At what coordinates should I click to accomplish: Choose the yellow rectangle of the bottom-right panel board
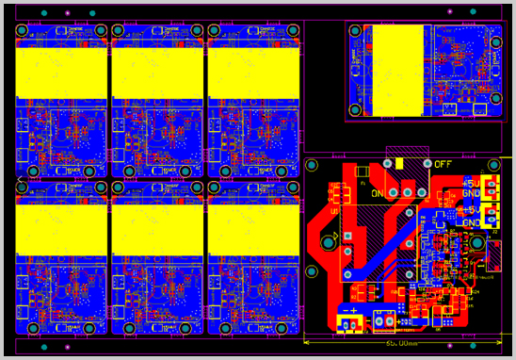253,231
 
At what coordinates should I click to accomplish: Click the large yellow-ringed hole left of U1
328,243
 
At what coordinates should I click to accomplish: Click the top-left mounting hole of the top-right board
355,31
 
